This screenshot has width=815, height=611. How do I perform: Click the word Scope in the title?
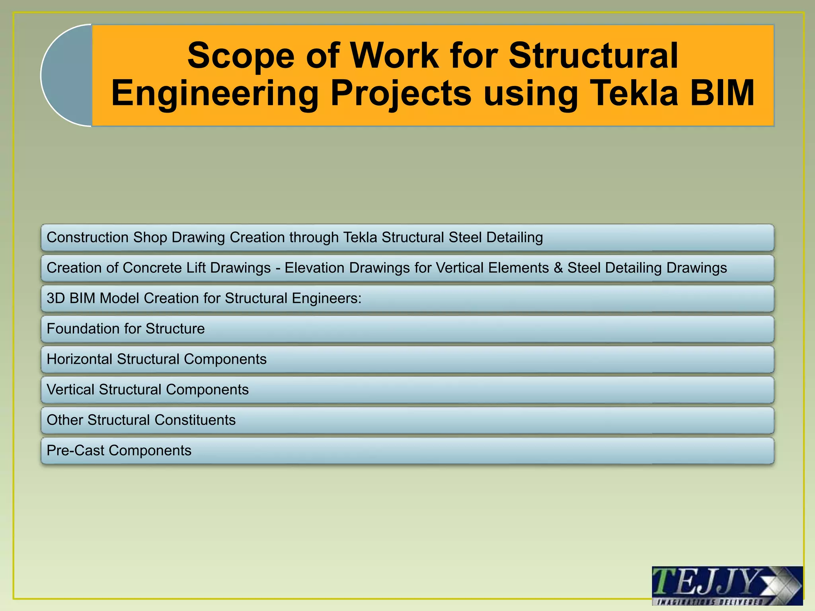[241, 56]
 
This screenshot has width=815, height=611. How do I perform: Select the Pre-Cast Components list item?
[119, 451]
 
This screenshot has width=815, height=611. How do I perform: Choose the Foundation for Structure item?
[126, 329]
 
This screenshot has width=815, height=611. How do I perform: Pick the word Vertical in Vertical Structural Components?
[70, 390]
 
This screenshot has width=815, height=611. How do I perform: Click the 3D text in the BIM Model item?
[56, 298]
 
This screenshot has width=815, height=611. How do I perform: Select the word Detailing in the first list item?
[515, 237]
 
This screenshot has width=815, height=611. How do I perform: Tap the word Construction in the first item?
[88, 237]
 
